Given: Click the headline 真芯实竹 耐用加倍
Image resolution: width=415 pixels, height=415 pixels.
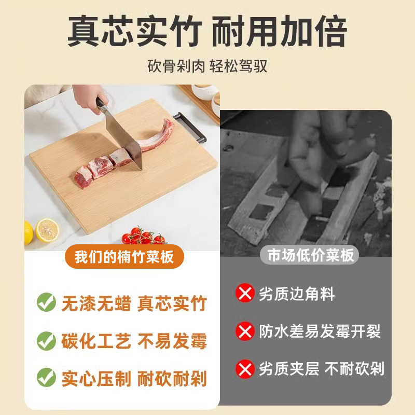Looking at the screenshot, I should pyautogui.click(x=208, y=32).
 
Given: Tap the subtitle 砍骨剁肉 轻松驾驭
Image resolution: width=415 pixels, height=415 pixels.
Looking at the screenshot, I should pyautogui.click(x=208, y=67).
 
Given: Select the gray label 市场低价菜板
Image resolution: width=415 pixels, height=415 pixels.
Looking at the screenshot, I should pyautogui.click(x=310, y=255).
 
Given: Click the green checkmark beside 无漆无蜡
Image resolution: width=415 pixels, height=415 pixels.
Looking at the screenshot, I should pyautogui.click(x=46, y=302).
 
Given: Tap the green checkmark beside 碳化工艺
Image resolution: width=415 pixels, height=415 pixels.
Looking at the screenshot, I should pyautogui.click(x=46, y=340).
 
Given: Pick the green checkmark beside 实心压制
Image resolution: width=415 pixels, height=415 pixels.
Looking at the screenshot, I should pyautogui.click(x=46, y=377).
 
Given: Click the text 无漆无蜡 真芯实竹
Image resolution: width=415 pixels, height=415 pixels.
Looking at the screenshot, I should pyautogui.click(x=134, y=303).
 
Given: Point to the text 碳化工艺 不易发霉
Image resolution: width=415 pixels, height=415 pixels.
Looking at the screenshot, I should pyautogui.click(x=134, y=341).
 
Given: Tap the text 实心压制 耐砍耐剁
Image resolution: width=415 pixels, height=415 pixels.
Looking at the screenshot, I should pyautogui.click(x=134, y=378).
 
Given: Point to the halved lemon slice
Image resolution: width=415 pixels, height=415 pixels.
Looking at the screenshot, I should pyautogui.click(x=47, y=230).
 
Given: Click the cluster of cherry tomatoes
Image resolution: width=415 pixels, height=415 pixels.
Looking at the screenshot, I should pyautogui.click(x=144, y=237).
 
